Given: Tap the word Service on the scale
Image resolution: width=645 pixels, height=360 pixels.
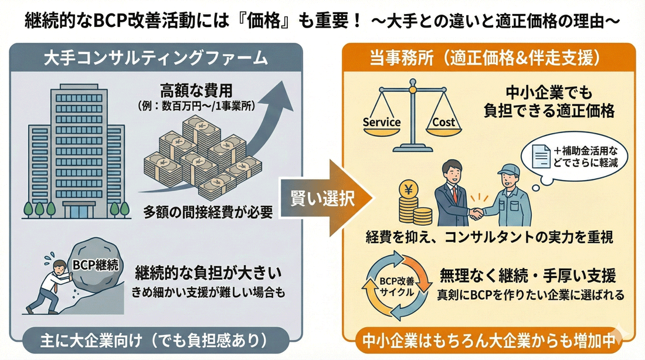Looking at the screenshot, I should click(381, 123).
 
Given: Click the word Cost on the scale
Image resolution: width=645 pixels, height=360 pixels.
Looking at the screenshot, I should click(443, 123).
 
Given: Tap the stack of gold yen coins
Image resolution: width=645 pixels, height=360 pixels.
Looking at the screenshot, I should click(413, 205).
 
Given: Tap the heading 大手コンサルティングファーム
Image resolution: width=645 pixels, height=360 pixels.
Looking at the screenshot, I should click(156, 59).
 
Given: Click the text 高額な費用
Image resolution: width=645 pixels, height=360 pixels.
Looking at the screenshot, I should click(196, 91).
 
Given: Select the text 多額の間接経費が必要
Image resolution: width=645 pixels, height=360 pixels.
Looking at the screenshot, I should click(209, 213).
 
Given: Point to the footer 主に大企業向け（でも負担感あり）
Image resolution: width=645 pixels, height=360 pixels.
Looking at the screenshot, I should click(155, 340).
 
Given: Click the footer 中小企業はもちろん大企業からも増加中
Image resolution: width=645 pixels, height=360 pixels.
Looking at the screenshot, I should click(488, 341).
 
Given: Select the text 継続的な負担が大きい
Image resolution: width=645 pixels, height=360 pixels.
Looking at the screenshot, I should click(209, 273).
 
